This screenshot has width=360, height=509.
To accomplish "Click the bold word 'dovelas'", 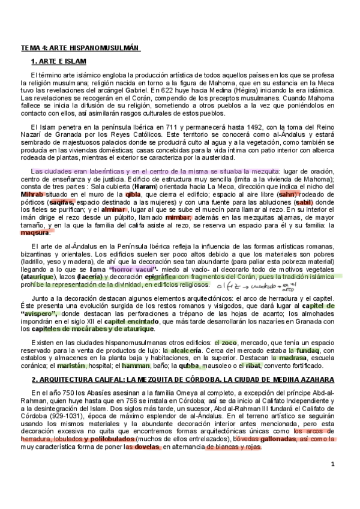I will pos(147,430).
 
